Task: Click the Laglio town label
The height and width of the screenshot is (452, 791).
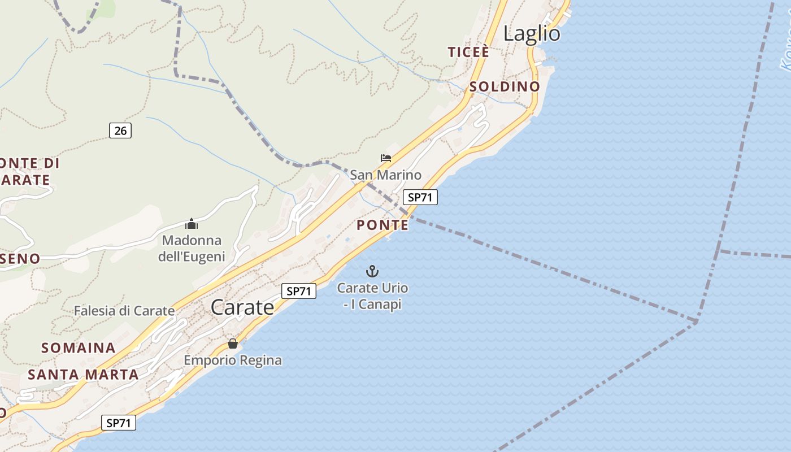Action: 532,34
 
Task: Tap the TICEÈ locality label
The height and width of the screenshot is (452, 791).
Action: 468,53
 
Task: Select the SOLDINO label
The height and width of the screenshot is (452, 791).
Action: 505,87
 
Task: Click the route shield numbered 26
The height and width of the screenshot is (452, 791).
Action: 120,131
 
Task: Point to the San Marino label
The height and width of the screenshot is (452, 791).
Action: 386,175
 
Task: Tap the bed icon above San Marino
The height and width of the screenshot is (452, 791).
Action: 386,158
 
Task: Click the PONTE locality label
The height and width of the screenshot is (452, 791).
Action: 383,225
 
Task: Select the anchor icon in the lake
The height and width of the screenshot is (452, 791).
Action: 372,271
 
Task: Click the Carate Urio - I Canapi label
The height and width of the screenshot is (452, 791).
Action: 372,296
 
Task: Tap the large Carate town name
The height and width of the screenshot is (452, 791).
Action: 242,307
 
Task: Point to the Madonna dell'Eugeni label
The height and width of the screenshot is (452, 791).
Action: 192,249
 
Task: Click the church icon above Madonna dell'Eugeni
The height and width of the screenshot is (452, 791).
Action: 192,224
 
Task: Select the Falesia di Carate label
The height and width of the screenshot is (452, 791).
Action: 124,311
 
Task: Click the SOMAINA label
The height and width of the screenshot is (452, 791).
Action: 79,348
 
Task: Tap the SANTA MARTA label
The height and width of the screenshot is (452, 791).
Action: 83,375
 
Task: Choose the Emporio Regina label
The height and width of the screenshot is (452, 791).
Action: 233,360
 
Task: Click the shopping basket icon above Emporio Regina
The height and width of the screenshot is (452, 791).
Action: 233,344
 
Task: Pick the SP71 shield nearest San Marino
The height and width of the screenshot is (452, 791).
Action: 420,197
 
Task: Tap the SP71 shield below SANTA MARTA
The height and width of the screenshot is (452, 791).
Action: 119,423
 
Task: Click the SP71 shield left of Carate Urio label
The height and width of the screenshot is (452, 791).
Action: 299,292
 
